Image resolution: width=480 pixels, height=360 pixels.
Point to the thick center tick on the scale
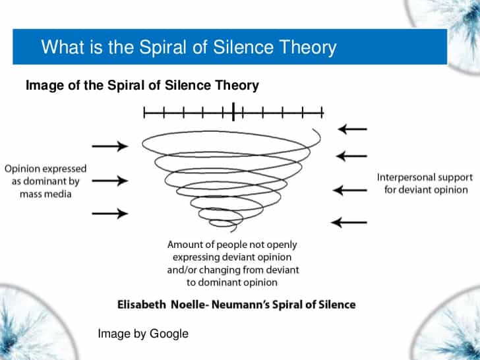(x=233, y=111)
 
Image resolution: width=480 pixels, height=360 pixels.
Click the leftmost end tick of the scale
(x=144, y=112)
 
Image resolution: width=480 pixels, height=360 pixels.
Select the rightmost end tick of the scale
(x=322, y=112)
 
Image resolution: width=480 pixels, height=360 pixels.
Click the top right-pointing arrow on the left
(x=110, y=146)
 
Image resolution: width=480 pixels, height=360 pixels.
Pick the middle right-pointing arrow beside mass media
(x=110, y=181)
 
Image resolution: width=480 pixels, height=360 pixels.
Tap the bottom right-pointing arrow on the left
(x=110, y=214)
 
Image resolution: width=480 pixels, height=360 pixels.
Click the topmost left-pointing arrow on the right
(x=352, y=129)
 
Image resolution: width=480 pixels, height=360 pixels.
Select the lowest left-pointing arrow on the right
(x=349, y=223)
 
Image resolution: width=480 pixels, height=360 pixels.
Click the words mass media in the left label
(x=45, y=194)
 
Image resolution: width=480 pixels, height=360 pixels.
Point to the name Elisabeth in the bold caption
(x=142, y=305)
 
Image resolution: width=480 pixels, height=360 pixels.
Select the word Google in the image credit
(x=169, y=334)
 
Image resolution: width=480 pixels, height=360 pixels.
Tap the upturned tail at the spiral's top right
(x=317, y=136)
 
